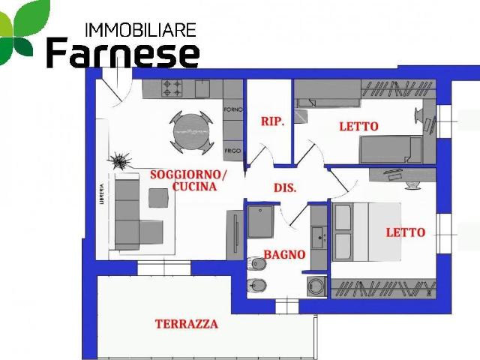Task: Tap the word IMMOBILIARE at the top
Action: pos(141,30)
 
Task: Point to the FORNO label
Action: pos(232,110)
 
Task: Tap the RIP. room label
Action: pos(271,121)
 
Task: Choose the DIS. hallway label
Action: pos(284,188)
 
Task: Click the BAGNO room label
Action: pos(284,255)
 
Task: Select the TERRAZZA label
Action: pos(187,324)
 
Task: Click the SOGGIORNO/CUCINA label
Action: pos(187,181)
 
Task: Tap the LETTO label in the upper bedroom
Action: pos(358,126)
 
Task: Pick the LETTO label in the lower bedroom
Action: pos(405,232)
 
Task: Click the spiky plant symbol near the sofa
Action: pos(118,160)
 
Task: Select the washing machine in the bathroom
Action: pos(316,286)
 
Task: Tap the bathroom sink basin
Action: pos(319,237)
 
